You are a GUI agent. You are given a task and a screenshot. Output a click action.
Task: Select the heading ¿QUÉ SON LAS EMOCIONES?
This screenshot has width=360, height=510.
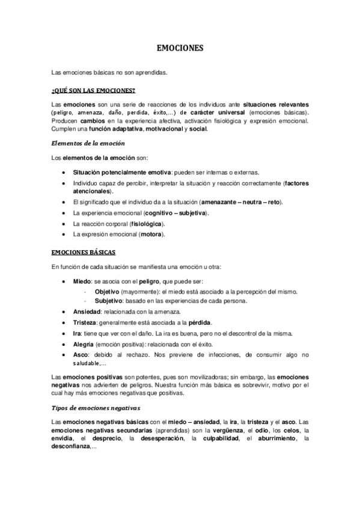93,91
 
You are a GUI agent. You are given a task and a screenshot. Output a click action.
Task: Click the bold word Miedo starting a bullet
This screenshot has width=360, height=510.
82,281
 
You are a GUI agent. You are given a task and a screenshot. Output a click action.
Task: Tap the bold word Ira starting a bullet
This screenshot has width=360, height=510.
76,333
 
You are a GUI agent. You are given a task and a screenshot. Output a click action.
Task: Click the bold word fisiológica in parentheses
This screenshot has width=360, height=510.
146,223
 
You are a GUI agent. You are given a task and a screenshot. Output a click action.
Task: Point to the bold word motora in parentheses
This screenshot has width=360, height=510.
150,233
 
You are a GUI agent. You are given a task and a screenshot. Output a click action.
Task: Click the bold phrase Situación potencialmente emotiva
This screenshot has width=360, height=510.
122,172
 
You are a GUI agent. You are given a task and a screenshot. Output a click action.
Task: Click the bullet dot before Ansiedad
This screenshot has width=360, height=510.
65,312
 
